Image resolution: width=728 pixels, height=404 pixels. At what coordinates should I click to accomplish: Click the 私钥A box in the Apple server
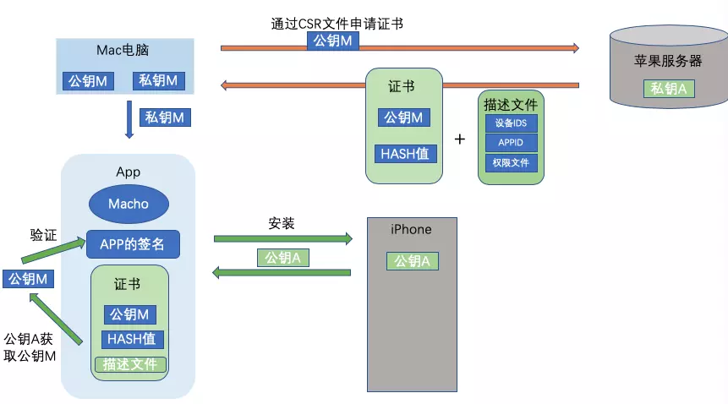coord(669,89)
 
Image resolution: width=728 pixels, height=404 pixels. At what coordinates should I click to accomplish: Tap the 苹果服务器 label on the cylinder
coord(668,61)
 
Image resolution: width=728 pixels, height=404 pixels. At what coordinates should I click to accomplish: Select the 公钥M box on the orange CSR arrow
coord(332,41)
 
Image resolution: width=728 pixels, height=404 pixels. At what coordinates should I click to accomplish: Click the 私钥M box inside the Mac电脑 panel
coord(158,80)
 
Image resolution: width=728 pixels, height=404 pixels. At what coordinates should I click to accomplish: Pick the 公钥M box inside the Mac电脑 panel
coord(88,81)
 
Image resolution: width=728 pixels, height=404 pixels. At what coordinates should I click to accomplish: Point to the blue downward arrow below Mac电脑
coord(129,120)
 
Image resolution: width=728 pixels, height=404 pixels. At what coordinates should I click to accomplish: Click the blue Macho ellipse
coord(129,204)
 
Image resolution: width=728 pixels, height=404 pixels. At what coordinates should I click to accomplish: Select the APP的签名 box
coord(133,244)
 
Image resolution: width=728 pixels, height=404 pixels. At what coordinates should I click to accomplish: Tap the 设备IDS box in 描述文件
coord(512,123)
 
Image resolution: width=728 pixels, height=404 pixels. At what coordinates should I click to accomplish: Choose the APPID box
coord(512,143)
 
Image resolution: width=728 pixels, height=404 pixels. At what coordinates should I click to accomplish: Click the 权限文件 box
coord(512,163)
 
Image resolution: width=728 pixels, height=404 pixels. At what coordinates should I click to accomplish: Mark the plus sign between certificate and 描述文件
coord(460,139)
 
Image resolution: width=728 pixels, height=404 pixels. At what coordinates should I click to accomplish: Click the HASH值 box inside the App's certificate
coord(132,339)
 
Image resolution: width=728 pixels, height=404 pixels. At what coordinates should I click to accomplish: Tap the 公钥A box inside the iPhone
coord(413,261)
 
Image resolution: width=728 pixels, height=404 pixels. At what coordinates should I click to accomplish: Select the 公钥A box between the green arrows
coord(282,258)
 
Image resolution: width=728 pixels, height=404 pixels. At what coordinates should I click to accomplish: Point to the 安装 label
coord(282,224)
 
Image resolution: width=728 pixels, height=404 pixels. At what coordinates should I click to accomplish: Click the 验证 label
coord(43,235)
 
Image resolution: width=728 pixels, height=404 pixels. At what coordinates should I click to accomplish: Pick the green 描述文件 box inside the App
coord(130,364)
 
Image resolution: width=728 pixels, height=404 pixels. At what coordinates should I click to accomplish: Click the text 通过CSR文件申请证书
coord(337,24)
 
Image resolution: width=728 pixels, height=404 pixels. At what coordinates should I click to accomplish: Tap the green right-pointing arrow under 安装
coord(282,239)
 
